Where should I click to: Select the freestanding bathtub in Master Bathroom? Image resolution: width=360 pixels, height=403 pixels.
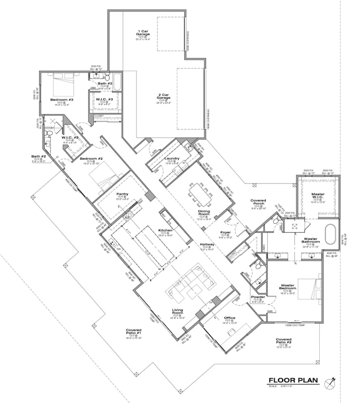pyautogui.click(x=331, y=234)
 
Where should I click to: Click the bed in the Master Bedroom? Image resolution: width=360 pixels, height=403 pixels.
pyautogui.click(x=309, y=287)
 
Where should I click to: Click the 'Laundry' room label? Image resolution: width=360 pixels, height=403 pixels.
pyautogui.click(x=173, y=159)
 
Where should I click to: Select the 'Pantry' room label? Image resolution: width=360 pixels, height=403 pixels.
pyautogui.click(x=122, y=195)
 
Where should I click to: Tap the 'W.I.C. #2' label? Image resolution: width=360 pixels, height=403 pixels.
pyautogui.click(x=70, y=138)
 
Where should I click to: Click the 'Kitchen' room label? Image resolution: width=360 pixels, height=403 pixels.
pyautogui.click(x=165, y=231)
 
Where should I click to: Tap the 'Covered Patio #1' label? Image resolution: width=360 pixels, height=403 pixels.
pyautogui.click(x=133, y=332)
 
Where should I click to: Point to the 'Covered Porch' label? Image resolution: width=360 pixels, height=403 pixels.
pyautogui.click(x=258, y=203)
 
